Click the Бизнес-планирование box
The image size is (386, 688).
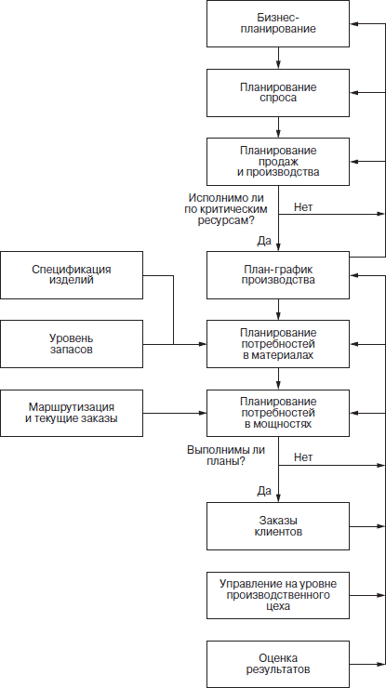pos(278,23)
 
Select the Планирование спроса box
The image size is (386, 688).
pos(278,93)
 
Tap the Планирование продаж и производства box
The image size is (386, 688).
pos(278,162)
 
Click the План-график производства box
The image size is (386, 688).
pos(278,275)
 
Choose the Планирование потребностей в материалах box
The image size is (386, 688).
pos(278,344)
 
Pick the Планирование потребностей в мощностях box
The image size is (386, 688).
pos(278,413)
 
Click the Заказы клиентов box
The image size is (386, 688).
pos(278,526)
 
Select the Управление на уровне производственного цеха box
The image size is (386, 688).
pos(278,595)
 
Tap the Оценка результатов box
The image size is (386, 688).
pos(278,665)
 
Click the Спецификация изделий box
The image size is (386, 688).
pos(72,275)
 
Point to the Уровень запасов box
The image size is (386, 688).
pos(72,344)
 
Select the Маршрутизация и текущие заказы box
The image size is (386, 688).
pos(72,413)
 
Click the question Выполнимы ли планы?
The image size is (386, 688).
pos(226,456)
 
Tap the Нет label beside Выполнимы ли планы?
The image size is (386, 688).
pos(303,457)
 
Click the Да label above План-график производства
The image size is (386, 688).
pos(264,241)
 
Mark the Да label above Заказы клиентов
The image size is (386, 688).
pos(264,491)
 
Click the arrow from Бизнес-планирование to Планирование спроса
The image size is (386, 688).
pos(278,58)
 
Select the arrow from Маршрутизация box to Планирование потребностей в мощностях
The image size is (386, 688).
pos(175,413)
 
